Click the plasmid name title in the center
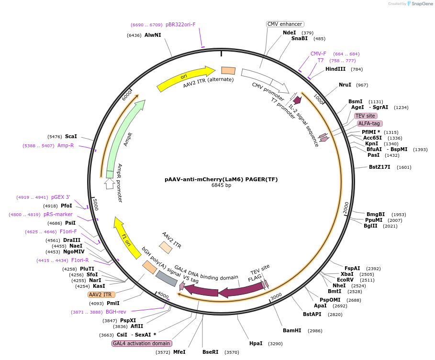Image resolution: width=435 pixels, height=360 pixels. click(x=221, y=179)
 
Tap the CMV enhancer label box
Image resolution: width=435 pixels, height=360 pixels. click(x=285, y=24)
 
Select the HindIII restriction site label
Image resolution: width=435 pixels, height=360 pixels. click(x=335, y=69)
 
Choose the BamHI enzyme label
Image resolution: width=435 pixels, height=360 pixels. click(x=292, y=330)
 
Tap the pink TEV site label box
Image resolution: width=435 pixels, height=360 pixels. click(x=366, y=116)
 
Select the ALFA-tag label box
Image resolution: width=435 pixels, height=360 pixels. click(x=369, y=123)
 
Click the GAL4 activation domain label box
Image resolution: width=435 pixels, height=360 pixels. click(x=142, y=343)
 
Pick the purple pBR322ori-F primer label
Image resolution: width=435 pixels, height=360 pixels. click(x=180, y=24)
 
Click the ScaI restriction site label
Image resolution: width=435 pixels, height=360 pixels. click(x=71, y=136)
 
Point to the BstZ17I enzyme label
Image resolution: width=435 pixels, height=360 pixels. click(x=379, y=167)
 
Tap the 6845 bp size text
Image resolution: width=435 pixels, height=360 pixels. click(x=221, y=185)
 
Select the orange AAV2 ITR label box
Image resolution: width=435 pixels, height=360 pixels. click(x=100, y=295)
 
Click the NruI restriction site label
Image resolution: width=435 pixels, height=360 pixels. click(x=345, y=85)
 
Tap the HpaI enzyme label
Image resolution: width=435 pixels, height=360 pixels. click(x=256, y=343)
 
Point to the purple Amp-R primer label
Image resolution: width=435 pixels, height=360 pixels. click(x=66, y=145)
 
